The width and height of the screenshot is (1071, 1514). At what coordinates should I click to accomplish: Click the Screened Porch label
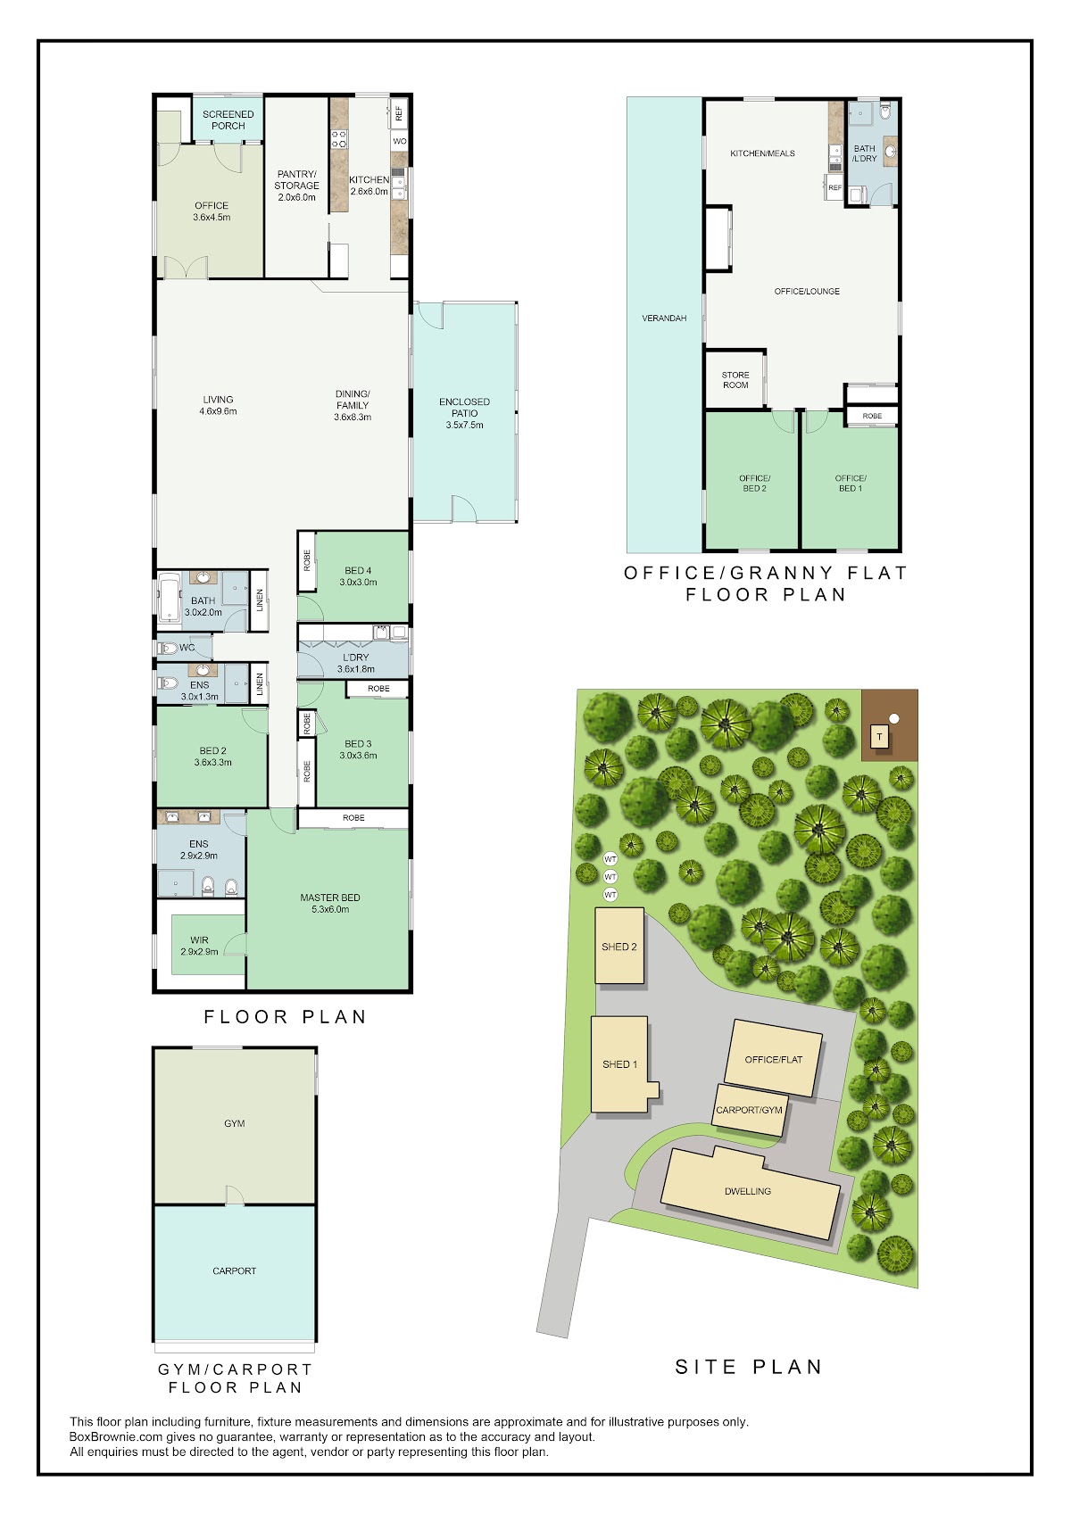click(228, 120)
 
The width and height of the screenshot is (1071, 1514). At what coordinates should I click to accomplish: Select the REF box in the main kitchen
click(398, 113)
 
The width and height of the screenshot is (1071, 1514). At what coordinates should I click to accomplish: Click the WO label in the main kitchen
click(400, 141)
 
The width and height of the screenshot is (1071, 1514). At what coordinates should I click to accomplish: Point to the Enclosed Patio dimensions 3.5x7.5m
click(464, 426)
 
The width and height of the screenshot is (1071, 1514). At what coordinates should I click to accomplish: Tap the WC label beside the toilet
click(187, 648)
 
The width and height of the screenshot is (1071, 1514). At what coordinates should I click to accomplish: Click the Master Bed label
click(330, 898)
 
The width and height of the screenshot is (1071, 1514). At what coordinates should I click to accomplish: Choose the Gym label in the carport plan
click(235, 1123)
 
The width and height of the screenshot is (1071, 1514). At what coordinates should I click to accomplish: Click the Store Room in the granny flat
click(735, 380)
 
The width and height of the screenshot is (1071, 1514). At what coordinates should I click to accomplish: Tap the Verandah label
click(664, 319)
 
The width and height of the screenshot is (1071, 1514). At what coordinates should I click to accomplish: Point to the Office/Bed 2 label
click(754, 484)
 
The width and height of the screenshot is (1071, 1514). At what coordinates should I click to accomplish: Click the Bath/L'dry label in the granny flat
click(864, 153)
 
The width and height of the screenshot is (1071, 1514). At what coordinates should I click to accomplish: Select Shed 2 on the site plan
click(619, 946)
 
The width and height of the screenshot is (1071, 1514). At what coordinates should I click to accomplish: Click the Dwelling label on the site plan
click(748, 1191)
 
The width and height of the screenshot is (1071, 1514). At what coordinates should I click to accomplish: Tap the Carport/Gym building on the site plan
click(749, 1111)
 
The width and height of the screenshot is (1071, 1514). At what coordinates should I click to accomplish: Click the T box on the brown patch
click(879, 737)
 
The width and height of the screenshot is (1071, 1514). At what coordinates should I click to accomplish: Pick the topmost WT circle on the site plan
click(610, 860)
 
